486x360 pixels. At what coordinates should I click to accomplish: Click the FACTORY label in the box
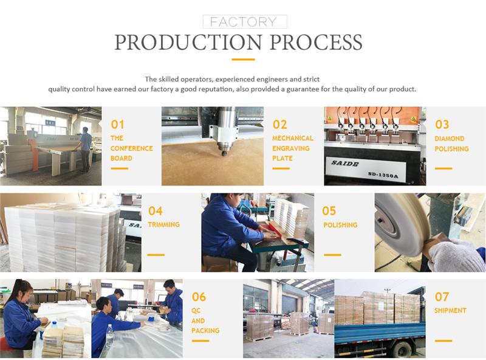[x=244, y=22]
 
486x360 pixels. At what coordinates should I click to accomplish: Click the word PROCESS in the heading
[x=316, y=42]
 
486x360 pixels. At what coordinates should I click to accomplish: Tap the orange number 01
[x=117, y=125]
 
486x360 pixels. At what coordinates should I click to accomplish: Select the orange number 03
[x=442, y=125]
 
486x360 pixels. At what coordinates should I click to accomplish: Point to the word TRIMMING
[x=163, y=224]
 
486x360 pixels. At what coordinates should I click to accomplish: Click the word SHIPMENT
[x=450, y=310]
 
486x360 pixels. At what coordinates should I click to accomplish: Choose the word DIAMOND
[x=450, y=139]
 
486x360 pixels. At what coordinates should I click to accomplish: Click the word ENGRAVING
[x=291, y=148]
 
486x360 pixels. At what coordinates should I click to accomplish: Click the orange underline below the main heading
[x=244, y=59]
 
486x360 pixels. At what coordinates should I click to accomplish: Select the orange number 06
[x=199, y=297]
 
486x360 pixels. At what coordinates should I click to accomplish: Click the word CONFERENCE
[x=131, y=148]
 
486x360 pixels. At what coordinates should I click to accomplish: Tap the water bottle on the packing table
[x=110, y=336]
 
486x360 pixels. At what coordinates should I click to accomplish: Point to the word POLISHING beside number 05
[x=340, y=224]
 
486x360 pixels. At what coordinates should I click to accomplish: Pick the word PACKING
[x=205, y=331]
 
